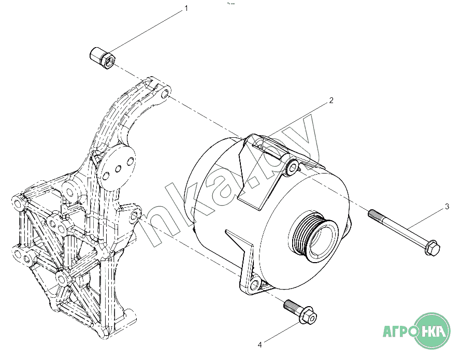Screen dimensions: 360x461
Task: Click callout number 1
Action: tap(186, 9)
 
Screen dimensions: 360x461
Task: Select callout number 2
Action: tap(331, 100)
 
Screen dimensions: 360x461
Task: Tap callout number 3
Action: tap(446, 207)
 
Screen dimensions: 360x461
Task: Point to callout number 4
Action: tap(261, 343)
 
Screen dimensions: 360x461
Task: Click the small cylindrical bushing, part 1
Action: tap(103, 57)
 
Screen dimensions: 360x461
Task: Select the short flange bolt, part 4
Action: tap(300, 311)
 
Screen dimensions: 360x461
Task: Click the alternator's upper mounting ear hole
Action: tap(293, 167)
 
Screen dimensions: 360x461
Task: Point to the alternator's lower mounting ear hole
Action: tap(254, 284)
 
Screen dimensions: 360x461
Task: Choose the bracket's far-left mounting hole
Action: tap(17, 201)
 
